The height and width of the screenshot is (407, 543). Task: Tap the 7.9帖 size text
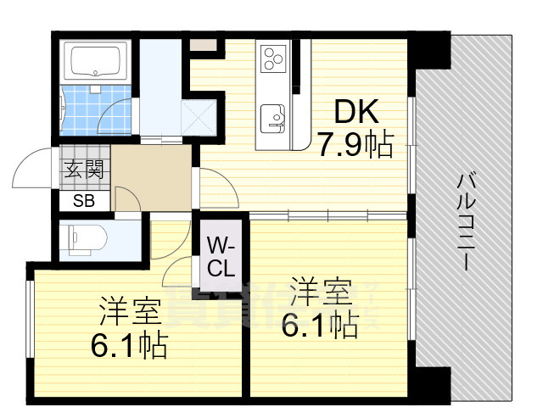pos(355,146)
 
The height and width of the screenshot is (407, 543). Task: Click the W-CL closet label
pos(221,258)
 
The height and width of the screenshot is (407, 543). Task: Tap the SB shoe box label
pos(83,201)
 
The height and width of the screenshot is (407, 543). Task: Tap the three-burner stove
pos(273,58)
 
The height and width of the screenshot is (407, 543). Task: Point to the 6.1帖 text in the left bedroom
pos(129,345)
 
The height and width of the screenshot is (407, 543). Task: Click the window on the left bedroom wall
pos(30,322)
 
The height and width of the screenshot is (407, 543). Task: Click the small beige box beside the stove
pos(203,46)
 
